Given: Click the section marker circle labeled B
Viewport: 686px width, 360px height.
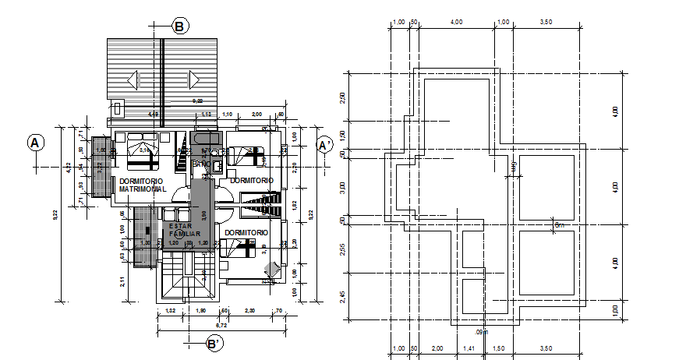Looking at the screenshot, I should point(179,26).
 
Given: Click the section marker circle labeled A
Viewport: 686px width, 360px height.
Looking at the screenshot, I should point(35,143).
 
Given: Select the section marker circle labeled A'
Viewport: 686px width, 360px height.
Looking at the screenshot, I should point(325,145).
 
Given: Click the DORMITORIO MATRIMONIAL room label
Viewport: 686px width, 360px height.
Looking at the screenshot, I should point(142,185).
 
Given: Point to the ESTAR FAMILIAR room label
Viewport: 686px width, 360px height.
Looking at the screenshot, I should point(186,229).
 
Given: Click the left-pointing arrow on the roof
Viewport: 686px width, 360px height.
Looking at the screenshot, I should point(132,79).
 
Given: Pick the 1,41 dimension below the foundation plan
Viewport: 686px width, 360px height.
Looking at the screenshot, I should point(468,348).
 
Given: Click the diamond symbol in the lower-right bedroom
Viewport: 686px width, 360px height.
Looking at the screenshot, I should point(269,269).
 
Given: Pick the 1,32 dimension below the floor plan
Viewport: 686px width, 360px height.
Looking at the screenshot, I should point(171,312).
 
